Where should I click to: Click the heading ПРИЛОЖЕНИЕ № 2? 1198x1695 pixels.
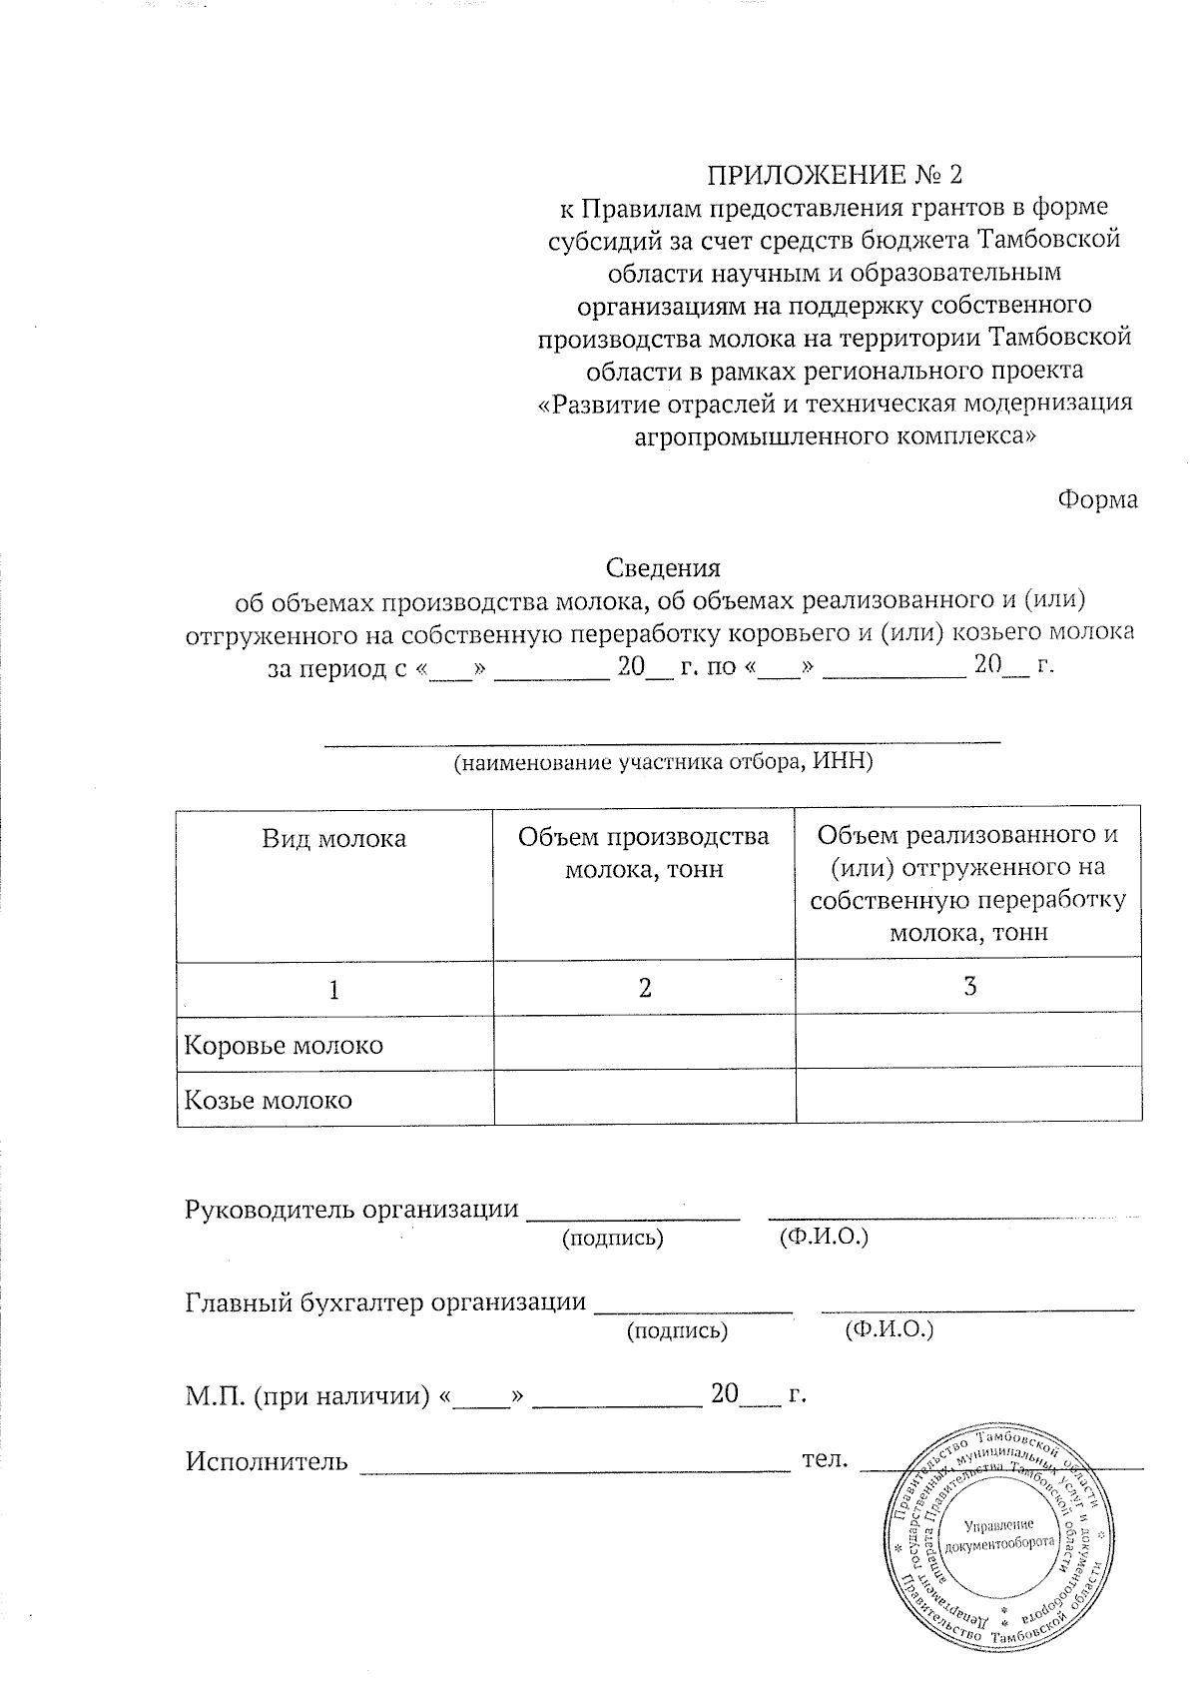coord(836,176)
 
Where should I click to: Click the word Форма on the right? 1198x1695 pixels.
coord(1097,498)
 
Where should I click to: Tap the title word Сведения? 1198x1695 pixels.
coord(663,568)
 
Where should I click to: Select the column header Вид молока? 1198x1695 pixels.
coord(333,838)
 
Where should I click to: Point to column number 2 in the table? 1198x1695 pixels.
coord(645,988)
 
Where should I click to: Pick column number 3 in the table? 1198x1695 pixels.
coord(968,987)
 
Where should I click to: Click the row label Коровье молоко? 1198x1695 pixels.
coord(284,1046)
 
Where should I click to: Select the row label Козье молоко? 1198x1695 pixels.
coord(268,1101)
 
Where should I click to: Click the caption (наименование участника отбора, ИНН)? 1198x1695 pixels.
coord(663,763)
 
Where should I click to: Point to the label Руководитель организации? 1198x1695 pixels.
coord(352,1209)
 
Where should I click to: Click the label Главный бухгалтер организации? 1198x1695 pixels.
coord(385,1301)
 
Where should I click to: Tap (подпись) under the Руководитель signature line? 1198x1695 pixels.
coord(612,1238)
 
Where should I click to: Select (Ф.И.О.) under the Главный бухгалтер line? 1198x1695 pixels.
coord(889,1330)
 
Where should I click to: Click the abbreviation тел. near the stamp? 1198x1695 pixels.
coord(825,1460)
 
